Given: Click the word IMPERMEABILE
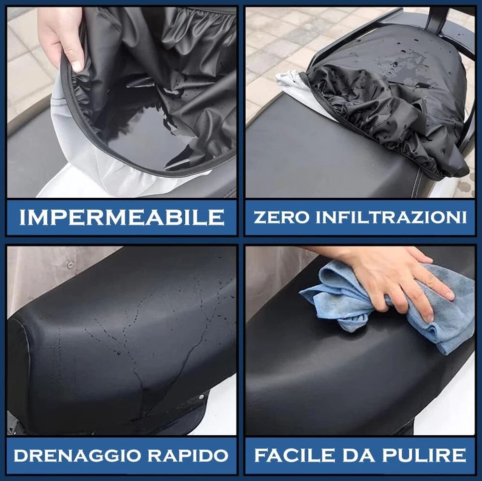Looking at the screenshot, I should coord(122,217).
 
